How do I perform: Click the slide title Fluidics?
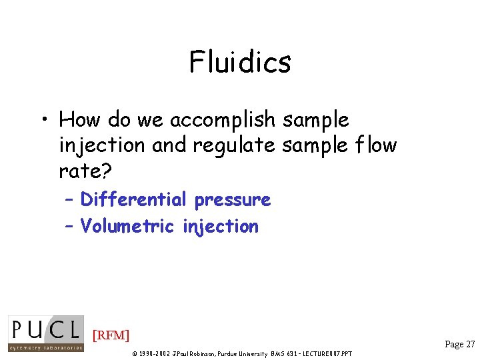tap(240, 63)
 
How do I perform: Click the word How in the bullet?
tap(78, 120)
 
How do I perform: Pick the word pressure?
tap(232, 200)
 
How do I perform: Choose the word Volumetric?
tap(127, 226)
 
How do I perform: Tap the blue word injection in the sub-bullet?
tap(220, 227)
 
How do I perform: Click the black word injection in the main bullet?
tap(103, 145)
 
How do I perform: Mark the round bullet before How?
tap(42, 121)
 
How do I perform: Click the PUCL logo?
tap(46, 333)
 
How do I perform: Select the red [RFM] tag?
tap(111, 335)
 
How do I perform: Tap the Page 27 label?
tap(460, 344)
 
